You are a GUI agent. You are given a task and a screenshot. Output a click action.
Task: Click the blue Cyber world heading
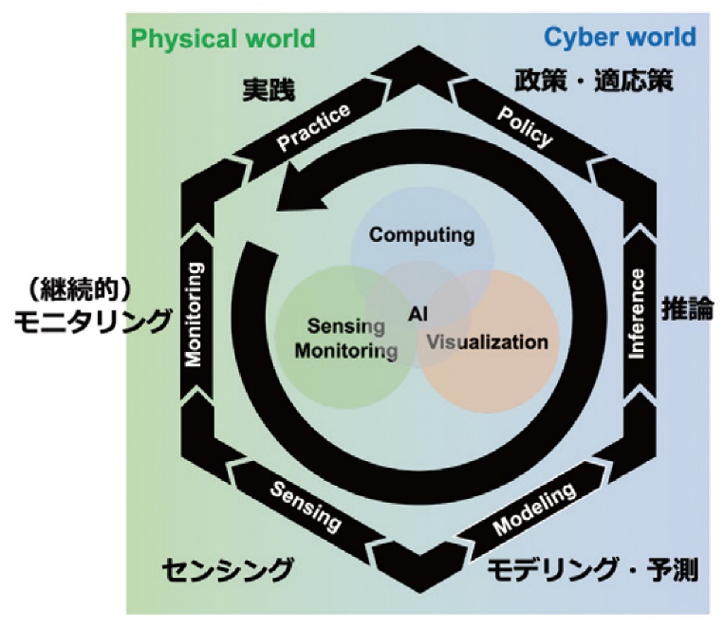pos(620,39)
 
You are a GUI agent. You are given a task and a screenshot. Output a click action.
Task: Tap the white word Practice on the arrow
pos(313,127)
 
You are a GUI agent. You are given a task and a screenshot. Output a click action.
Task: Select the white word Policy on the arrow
pos(523,127)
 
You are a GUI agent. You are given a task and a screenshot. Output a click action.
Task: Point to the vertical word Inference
pos(638,313)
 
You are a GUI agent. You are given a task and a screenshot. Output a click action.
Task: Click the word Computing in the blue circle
pos(421,235)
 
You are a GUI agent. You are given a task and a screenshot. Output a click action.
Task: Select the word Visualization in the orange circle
pos(487,342)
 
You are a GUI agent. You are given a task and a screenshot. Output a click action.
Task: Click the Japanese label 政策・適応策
pos(594,80)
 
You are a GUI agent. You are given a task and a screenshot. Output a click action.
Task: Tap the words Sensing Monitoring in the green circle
pos(345,339)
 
